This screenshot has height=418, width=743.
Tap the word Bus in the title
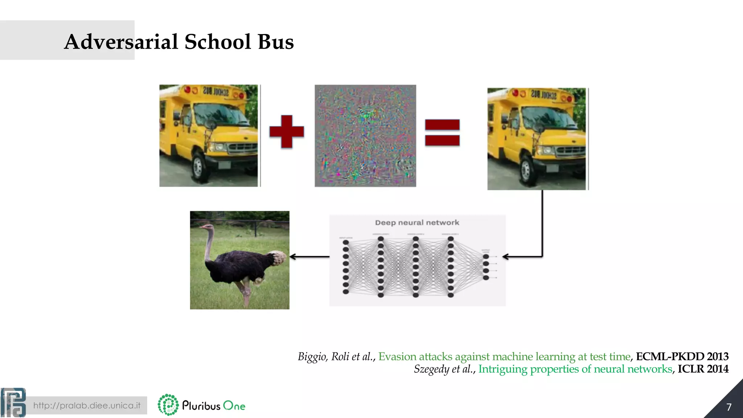(275, 42)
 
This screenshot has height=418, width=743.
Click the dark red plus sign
(287, 131)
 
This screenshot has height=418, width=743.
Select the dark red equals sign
(442, 132)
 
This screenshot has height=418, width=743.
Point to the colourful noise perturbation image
(365, 136)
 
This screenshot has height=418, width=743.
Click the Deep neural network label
(417, 222)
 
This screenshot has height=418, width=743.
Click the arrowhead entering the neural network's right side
(505, 257)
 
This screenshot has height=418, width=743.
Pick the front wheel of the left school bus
(198, 167)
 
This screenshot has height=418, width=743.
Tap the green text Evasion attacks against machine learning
(504, 357)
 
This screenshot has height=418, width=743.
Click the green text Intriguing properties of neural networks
(575, 369)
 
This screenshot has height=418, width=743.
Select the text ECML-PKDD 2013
(682, 357)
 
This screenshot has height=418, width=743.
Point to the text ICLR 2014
(703, 369)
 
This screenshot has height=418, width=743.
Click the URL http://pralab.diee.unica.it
(87, 405)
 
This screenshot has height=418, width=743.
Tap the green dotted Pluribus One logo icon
(168, 405)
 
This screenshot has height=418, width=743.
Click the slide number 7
(729, 407)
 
